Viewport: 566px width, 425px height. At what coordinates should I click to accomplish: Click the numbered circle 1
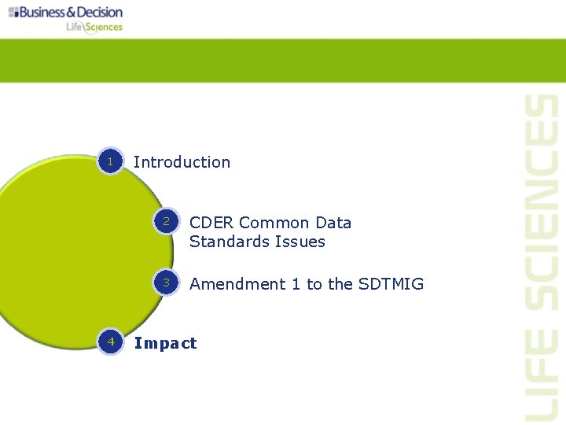point(111,161)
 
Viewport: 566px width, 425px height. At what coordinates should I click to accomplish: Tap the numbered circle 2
point(167,223)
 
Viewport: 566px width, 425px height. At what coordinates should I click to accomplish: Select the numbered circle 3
point(167,283)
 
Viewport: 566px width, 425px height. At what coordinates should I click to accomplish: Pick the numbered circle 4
point(111,342)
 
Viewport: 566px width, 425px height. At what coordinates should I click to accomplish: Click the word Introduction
point(182,162)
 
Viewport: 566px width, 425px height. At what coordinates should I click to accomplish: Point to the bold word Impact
point(165,343)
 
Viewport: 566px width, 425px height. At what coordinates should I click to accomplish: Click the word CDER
point(211,223)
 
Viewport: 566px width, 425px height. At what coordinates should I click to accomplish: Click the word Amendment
point(238,284)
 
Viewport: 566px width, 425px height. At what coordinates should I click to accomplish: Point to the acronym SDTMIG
point(391,284)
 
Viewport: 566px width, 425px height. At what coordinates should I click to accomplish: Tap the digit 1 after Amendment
point(296,284)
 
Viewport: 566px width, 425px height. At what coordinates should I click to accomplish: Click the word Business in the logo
point(46,12)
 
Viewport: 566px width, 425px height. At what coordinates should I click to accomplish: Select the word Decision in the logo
point(98,12)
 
